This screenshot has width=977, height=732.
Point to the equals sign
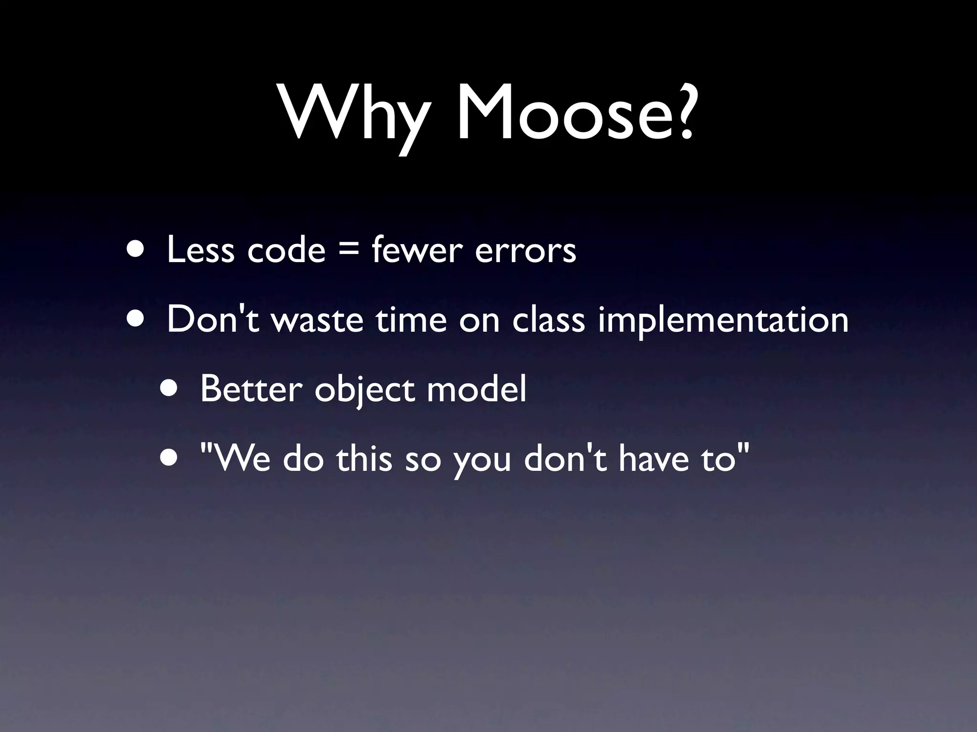(x=348, y=250)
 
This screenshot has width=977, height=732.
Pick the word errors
(x=525, y=252)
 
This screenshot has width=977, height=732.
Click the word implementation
(x=723, y=320)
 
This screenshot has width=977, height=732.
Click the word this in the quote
(x=364, y=458)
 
